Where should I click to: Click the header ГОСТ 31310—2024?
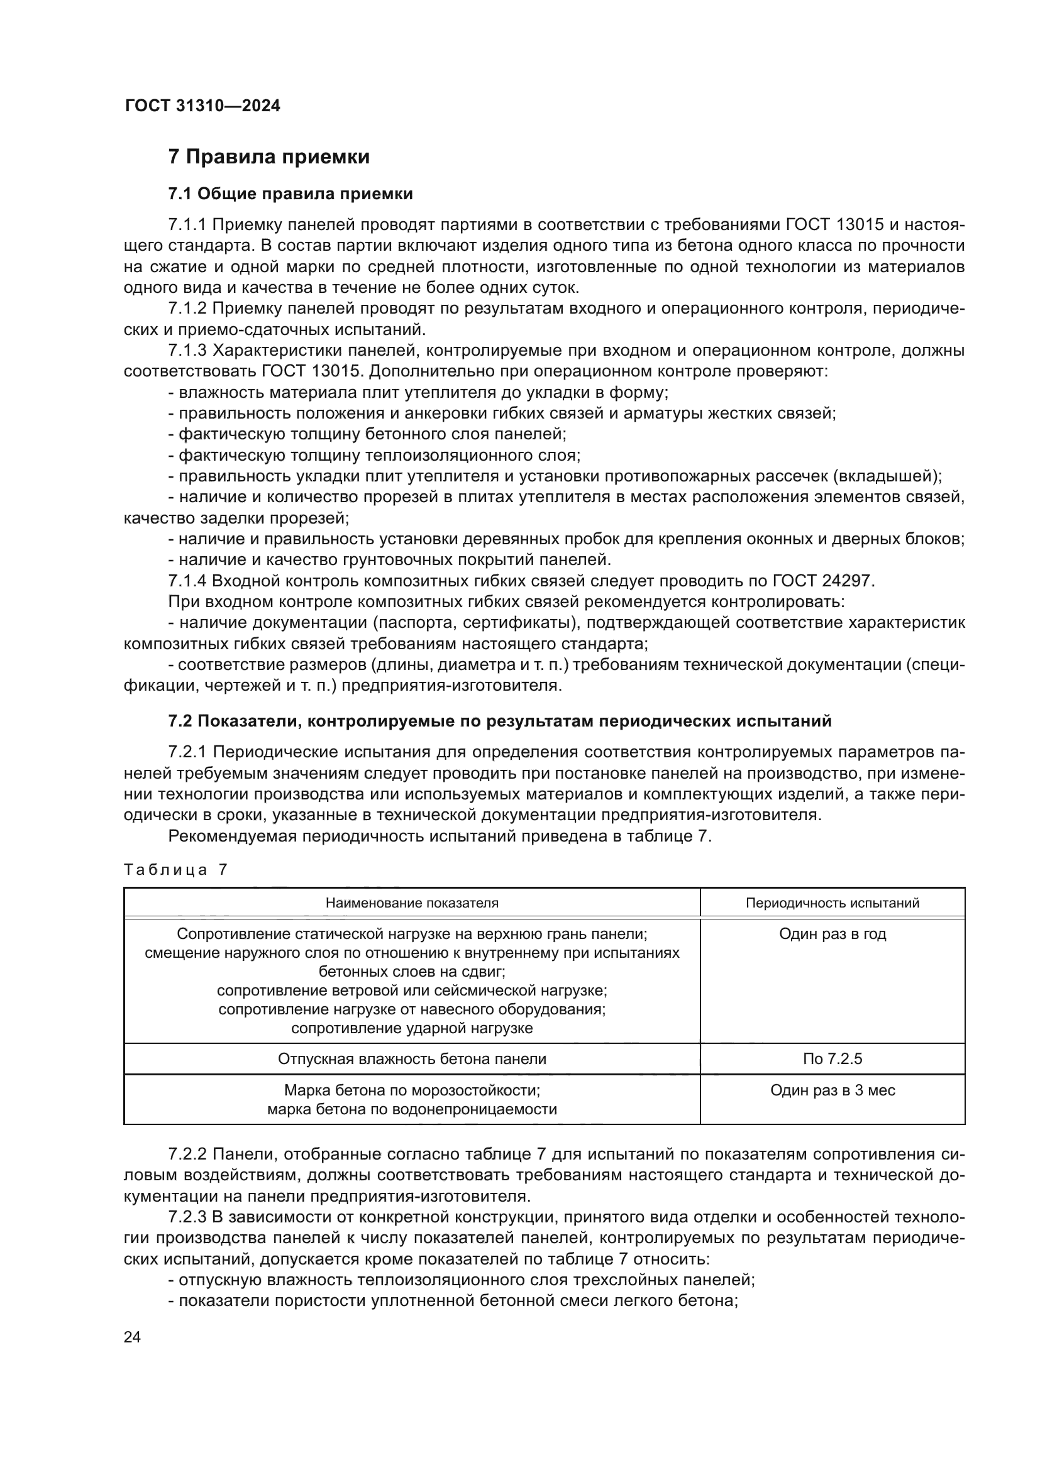[x=202, y=106]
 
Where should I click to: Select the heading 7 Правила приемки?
[x=268, y=157]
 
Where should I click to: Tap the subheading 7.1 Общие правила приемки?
[x=290, y=194]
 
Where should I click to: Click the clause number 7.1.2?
[x=187, y=309]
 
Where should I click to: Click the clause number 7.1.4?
[x=187, y=581]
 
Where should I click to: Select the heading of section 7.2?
[x=499, y=721]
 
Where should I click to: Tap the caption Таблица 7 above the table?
[x=175, y=869]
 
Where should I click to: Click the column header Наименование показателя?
[x=412, y=902]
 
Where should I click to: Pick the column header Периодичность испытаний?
[x=832, y=902]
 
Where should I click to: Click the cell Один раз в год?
[x=832, y=934]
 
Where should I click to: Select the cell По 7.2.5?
[x=832, y=1059]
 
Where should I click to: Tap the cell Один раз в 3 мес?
[x=832, y=1090]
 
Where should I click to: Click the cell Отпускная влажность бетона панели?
[x=412, y=1059]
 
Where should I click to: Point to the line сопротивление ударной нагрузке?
[x=412, y=1028]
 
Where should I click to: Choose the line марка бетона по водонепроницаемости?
[x=412, y=1109]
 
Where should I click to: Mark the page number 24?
[x=132, y=1337]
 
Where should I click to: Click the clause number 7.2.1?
[x=187, y=752]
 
